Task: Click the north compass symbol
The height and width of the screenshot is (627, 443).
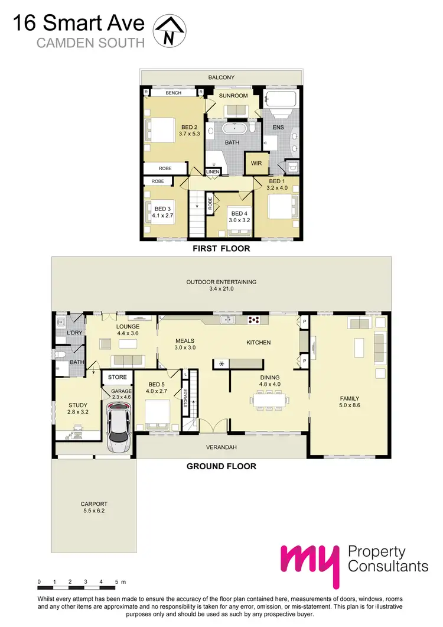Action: (170, 31)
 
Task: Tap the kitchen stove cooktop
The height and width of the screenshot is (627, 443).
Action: (255, 320)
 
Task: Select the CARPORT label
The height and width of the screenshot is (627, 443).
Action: (94, 508)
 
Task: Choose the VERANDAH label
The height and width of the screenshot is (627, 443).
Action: (221, 447)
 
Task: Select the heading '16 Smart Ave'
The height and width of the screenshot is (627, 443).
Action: (79, 24)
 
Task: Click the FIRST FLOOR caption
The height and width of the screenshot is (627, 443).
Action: (221, 249)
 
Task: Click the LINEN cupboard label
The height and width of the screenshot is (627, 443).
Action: (213, 172)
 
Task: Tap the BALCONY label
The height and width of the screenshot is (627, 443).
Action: (221, 77)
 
